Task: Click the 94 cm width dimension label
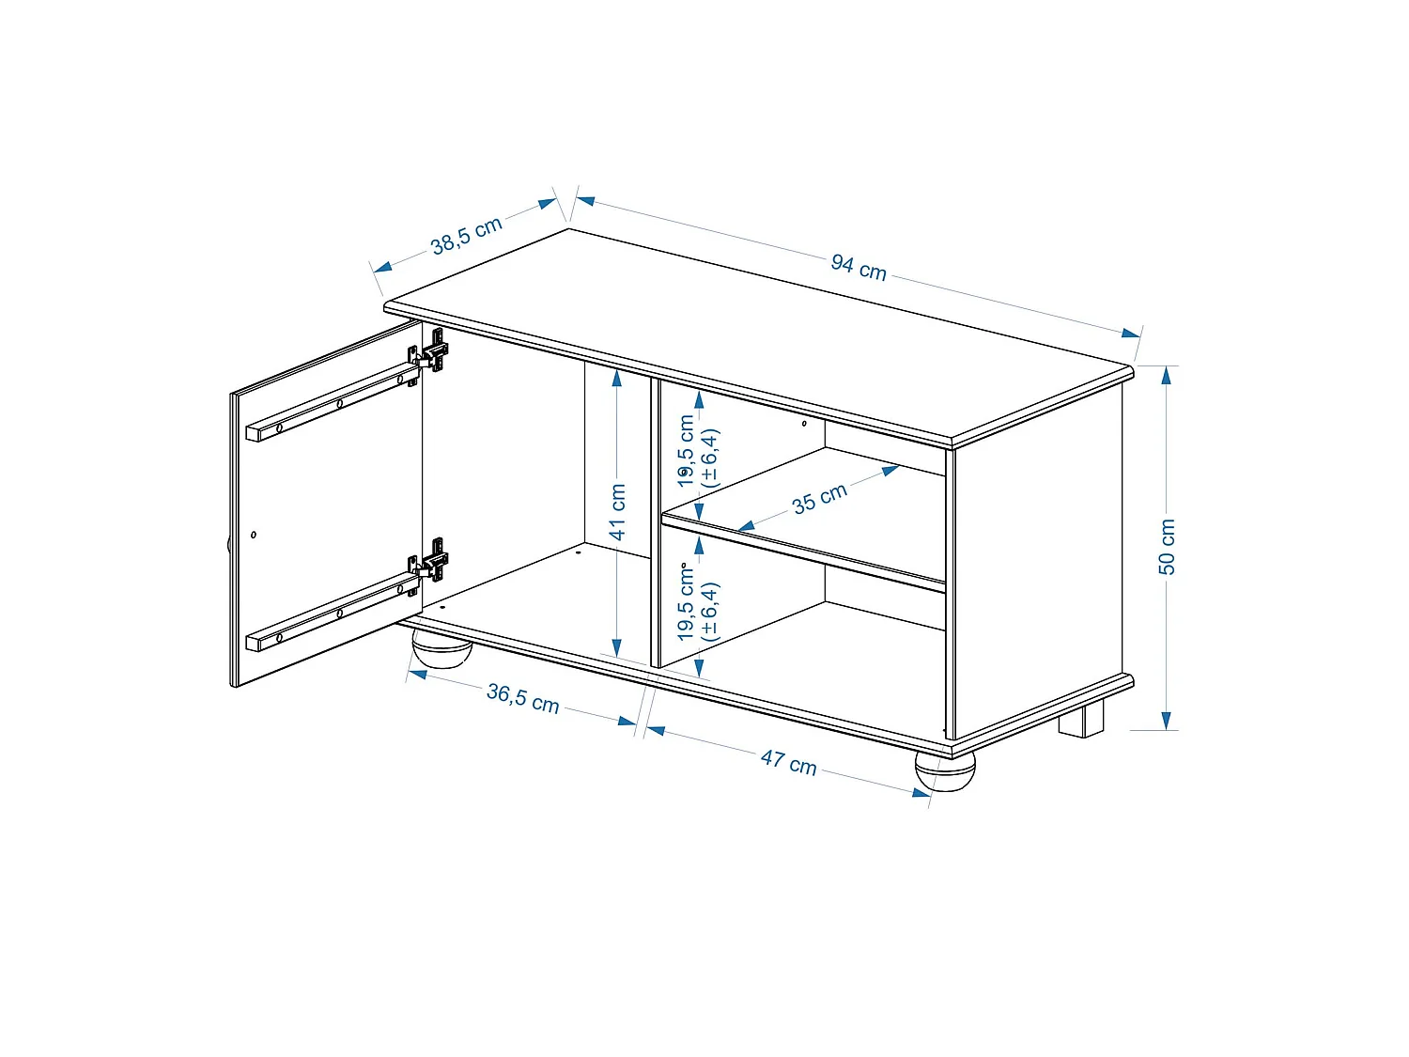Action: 859,268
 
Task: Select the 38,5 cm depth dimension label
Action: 467,236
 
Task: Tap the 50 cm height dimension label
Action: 1167,547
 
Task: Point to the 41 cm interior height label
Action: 617,512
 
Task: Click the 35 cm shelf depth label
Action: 819,498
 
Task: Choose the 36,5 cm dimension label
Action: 522,698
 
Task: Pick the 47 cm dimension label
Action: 788,761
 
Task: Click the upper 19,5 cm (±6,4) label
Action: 698,452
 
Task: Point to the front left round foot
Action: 441,650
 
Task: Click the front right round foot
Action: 945,769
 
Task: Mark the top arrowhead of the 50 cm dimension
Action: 1166,376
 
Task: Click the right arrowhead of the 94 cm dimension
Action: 1131,333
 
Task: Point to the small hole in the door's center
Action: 254,535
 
